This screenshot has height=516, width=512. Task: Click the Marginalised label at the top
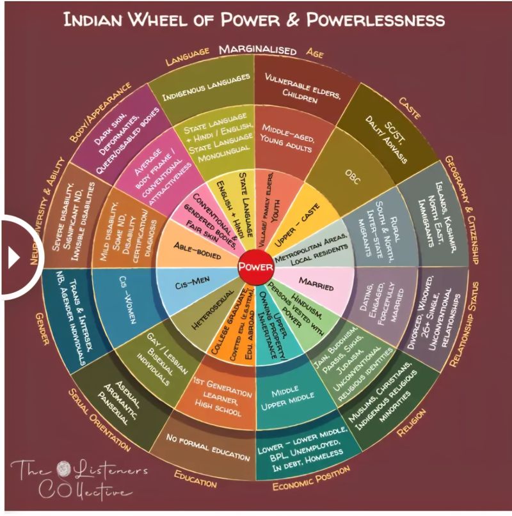point(257,50)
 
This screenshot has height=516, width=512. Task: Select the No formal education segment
point(208,447)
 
